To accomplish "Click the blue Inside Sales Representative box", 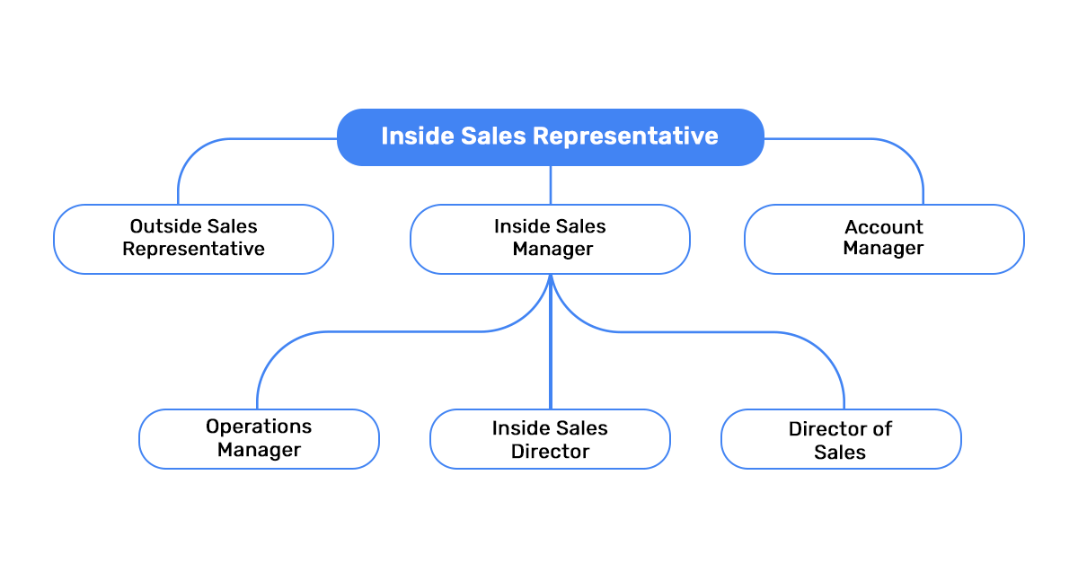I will click(x=550, y=136).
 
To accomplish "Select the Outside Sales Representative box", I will click(x=193, y=239).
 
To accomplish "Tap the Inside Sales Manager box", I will click(x=550, y=239).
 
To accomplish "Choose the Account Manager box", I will click(x=884, y=239).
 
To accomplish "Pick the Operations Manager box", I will click(x=259, y=439).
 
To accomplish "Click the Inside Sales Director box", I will click(x=550, y=439).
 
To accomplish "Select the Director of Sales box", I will click(x=841, y=439).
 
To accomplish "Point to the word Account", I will click(x=884, y=227).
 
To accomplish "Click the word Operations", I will click(x=259, y=427).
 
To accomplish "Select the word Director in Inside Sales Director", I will click(x=550, y=452).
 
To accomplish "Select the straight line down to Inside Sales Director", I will click(x=550, y=359).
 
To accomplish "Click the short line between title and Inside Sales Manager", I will click(x=550, y=185).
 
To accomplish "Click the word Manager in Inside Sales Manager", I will click(x=552, y=250).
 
